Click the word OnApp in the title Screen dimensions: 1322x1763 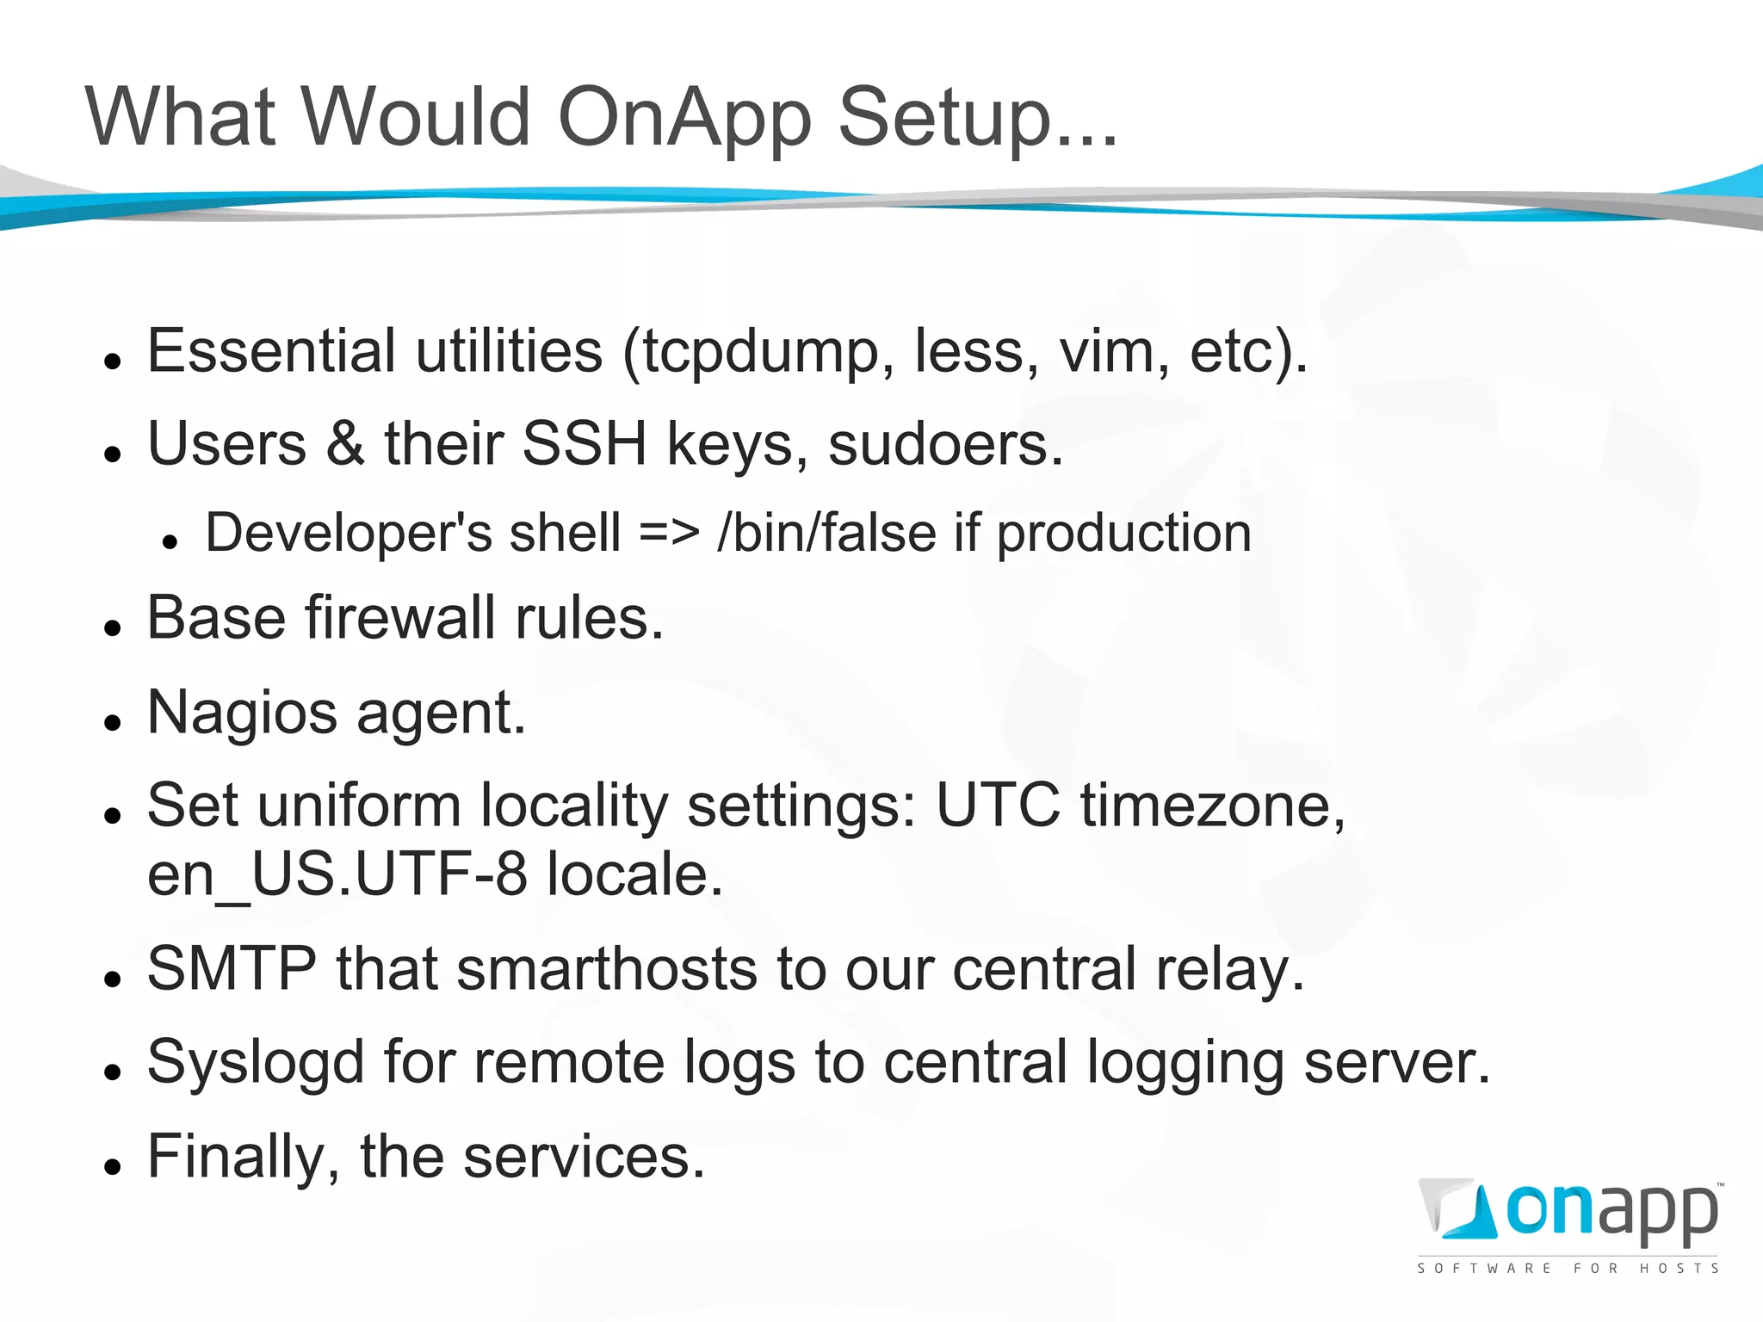click(x=684, y=118)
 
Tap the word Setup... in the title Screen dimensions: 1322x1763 click(x=977, y=118)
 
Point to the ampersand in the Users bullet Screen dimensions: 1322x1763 click(x=345, y=444)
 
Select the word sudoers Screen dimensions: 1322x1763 click(x=944, y=444)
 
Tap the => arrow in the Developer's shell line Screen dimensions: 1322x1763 click(x=669, y=533)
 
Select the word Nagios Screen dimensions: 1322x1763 click(x=242, y=714)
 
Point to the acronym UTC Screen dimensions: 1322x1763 click(x=999, y=806)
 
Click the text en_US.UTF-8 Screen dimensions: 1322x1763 click(x=337, y=875)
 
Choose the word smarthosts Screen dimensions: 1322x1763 click(x=606, y=969)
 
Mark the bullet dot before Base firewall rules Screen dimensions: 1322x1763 click(x=112, y=627)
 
